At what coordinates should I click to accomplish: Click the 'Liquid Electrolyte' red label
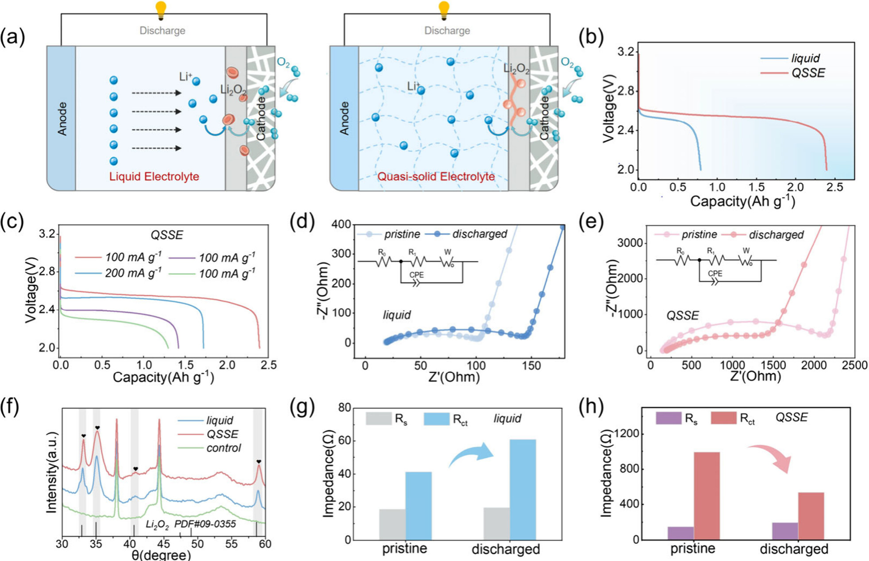pos(154,176)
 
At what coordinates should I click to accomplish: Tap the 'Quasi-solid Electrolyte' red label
pos(436,176)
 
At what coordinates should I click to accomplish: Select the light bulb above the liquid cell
pos(161,10)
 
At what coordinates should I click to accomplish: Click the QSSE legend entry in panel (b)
pos(793,73)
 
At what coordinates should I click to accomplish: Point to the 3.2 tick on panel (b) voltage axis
pos(626,51)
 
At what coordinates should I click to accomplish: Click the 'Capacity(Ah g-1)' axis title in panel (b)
pos(742,201)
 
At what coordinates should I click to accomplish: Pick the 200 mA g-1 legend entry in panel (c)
pos(119,273)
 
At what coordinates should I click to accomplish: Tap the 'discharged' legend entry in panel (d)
pos(466,234)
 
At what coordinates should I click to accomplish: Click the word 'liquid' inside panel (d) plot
pos(397,315)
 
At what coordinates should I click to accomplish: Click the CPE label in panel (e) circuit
pos(715,273)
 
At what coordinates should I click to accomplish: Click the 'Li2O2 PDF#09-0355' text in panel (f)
pos(191,524)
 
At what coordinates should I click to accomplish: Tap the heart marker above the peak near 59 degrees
pos(259,462)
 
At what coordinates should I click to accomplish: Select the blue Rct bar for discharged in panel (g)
pos(523,490)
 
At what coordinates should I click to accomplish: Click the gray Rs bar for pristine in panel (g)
pos(392,525)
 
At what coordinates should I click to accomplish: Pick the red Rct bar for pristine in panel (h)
pos(707,496)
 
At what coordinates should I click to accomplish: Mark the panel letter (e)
pos(591,220)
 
